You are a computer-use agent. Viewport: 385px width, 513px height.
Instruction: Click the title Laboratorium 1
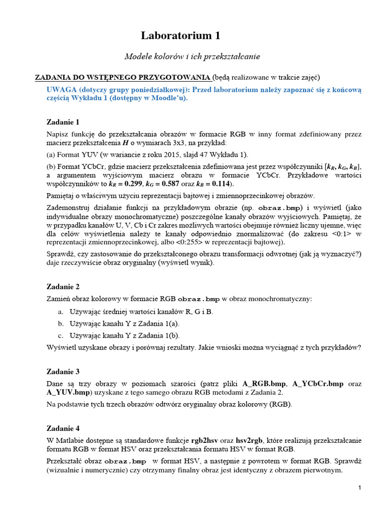tap(180, 36)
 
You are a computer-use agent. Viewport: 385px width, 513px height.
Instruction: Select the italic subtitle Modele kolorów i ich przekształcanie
tap(192, 57)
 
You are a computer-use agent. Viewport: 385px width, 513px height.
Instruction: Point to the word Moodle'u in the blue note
tap(170, 98)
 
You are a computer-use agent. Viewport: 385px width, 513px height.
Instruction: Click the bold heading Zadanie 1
tap(63, 122)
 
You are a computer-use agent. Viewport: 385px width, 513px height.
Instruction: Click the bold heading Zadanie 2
tap(63, 287)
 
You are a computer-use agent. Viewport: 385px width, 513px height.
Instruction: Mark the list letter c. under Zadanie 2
tap(60, 335)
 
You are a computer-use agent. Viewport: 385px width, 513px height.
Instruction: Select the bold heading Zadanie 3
tap(63, 372)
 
